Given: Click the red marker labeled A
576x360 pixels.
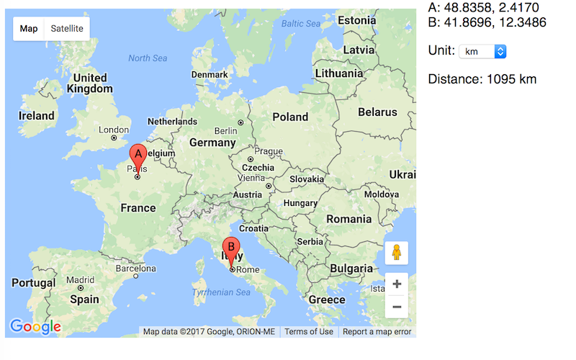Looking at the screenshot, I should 138,156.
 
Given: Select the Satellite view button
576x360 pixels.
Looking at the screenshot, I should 67,29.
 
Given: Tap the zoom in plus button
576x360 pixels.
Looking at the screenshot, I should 397,284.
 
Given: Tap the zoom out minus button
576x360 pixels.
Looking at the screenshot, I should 397,307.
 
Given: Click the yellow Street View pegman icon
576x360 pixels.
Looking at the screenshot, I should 397,253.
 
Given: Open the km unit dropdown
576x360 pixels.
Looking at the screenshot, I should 482,52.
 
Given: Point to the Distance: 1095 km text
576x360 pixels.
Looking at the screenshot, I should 482,79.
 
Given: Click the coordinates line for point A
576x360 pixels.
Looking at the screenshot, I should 482,8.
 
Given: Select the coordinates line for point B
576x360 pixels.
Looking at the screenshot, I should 487,23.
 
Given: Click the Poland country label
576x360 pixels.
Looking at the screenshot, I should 290,117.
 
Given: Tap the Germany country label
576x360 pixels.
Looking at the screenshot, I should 212,143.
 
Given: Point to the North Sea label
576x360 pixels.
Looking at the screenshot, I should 148,58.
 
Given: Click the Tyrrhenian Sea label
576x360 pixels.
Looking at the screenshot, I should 221,292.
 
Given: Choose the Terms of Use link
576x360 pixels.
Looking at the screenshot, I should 309,332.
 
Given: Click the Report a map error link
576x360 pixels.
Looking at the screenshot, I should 377,332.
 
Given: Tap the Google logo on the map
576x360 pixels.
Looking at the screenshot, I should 35,327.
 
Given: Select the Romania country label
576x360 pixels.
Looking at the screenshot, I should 348,219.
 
